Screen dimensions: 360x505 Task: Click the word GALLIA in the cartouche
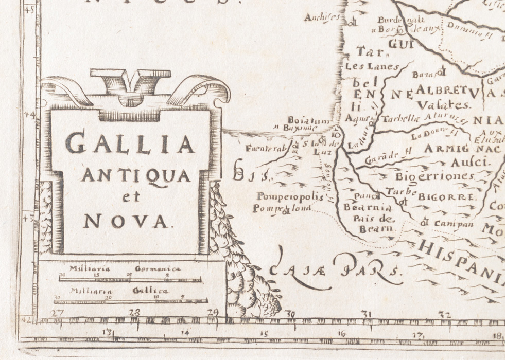tap(131, 143)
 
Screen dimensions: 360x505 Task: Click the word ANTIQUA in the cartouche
tap(136, 176)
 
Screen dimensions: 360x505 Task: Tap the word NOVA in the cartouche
tap(126, 222)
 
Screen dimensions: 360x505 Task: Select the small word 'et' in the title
tap(131, 198)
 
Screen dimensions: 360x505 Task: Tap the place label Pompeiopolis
tap(289, 197)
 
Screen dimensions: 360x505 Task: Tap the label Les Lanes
tap(365, 66)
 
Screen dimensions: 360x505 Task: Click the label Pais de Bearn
tap(373, 222)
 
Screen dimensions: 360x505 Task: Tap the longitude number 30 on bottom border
tap(291, 315)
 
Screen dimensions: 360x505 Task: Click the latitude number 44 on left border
tap(32, 116)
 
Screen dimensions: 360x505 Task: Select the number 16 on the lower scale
tap(341, 334)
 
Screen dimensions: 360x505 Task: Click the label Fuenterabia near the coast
tap(266, 149)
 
